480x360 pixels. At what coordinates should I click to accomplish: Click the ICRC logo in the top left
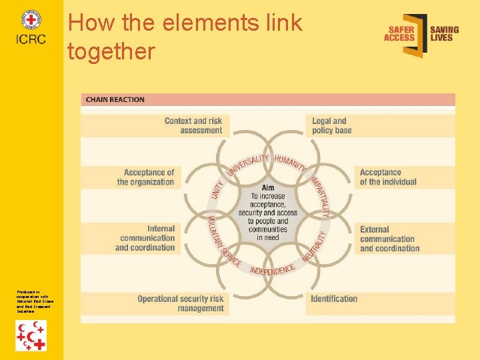coord(31,27)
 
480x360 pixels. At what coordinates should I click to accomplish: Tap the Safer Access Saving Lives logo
coord(421,34)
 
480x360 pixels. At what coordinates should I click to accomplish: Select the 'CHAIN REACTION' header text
coord(115,100)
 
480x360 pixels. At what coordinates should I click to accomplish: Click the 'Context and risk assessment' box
coord(193,125)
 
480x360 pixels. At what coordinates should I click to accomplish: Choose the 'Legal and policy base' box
coord(330,125)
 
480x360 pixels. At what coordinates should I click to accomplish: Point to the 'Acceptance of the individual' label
coord(388,177)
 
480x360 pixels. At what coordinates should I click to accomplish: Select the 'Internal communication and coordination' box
coord(145,238)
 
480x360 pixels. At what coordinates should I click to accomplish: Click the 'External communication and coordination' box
coord(389,239)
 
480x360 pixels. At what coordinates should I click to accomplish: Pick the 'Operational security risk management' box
coord(181,303)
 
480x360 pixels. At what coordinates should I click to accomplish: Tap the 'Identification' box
coord(334,299)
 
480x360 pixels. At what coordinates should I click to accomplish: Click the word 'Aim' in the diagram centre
coord(267,188)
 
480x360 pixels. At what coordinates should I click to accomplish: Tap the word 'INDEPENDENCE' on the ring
coord(272,269)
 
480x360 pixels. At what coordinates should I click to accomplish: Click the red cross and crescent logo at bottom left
coord(31,335)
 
